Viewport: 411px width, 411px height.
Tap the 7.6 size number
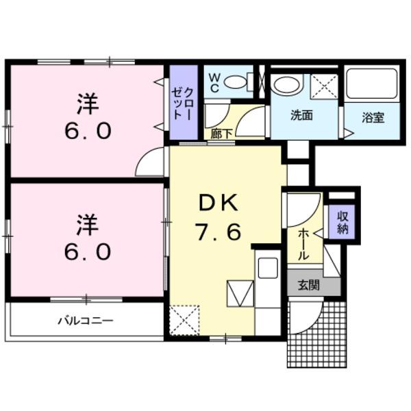pos(219,233)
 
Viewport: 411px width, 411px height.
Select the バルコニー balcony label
pos(84,320)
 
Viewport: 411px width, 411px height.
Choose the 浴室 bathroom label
pos(373,116)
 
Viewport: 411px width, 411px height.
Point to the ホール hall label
pos(301,243)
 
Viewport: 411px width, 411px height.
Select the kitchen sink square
pos(266,267)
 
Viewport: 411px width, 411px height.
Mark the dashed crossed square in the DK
pos(185,319)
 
